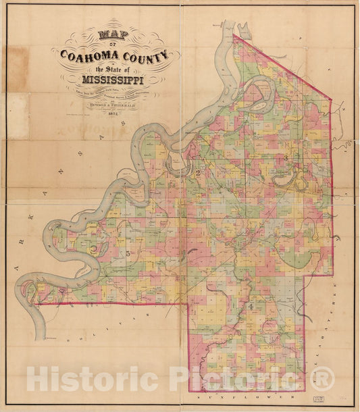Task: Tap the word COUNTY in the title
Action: [148, 55]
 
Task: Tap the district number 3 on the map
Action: [286, 157]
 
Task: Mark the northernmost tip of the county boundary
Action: [234, 36]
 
